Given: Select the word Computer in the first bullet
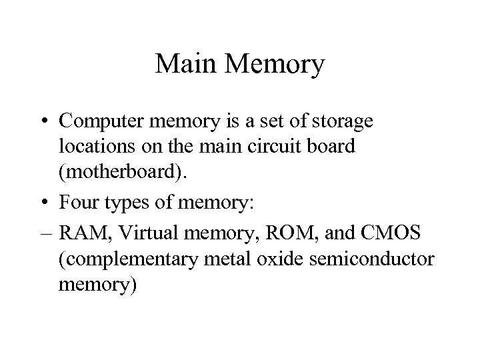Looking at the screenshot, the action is [x=100, y=122].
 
